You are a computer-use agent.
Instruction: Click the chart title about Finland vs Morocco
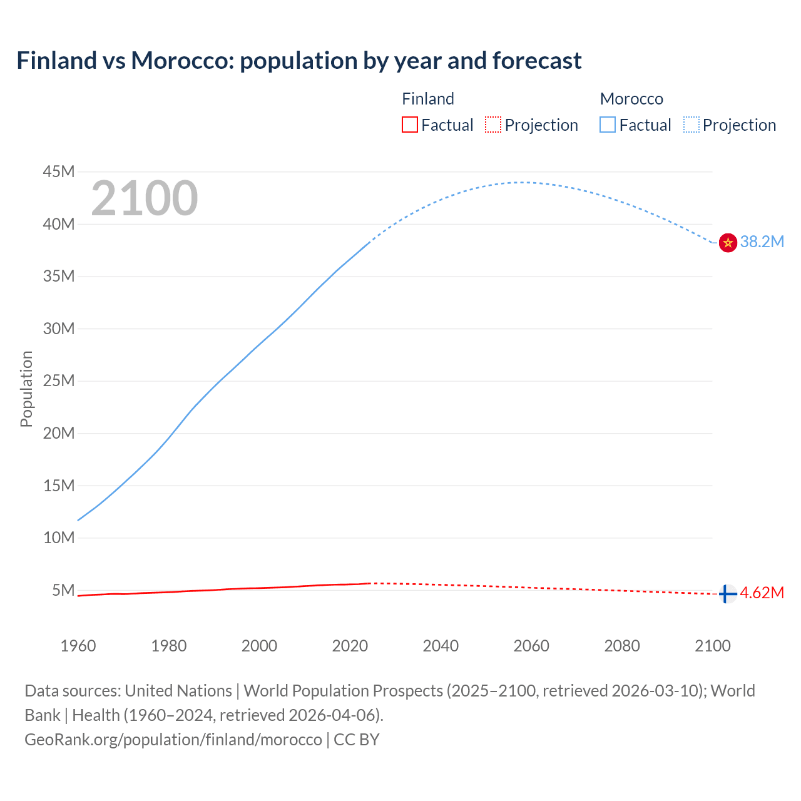[299, 61]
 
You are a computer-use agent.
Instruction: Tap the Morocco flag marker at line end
[728, 243]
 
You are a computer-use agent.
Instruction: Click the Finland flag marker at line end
[727, 594]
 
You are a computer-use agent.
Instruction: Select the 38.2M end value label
[762, 242]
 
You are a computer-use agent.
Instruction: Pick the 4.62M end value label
[762, 593]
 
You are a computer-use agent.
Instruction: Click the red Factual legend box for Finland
[409, 125]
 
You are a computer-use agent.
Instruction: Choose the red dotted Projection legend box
[493, 125]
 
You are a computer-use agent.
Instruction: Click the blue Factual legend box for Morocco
[607, 125]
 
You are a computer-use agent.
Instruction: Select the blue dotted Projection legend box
[691, 125]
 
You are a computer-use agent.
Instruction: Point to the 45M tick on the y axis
[59, 171]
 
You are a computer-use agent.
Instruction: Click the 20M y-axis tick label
[59, 433]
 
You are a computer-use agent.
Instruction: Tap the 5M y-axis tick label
[63, 590]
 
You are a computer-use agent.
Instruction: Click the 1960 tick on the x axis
[78, 646]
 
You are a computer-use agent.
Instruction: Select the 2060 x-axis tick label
[531, 646]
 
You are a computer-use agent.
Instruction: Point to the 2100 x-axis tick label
[712, 646]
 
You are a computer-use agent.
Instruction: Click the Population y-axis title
[26, 389]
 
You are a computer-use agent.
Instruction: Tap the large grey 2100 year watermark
[145, 198]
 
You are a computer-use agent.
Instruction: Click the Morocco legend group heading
[631, 99]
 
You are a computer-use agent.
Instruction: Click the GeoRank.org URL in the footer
[173, 740]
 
